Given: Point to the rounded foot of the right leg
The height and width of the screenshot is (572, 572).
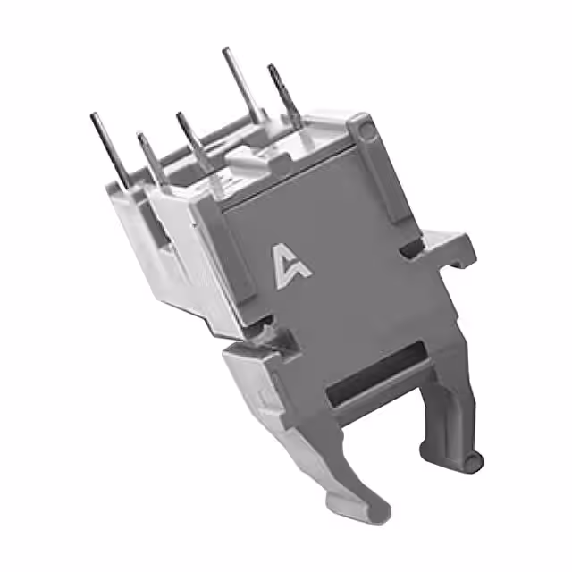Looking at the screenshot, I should (471, 460).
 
